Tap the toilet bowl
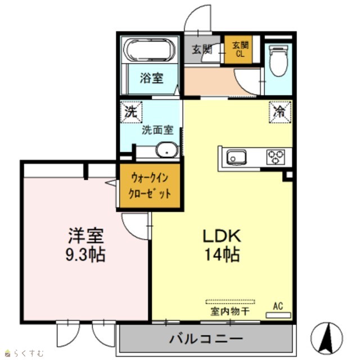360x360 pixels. pyautogui.click(x=278, y=61)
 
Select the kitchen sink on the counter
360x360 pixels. pyautogui.click(x=236, y=157)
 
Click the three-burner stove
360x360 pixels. pyautogui.click(x=276, y=157)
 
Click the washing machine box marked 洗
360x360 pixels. pyautogui.click(x=131, y=112)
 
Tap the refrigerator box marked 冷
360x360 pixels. pyautogui.click(x=280, y=112)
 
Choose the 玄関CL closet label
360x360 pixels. pyautogui.click(x=240, y=49)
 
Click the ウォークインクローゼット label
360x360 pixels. pyautogui.click(x=150, y=186)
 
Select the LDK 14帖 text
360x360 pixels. pyautogui.click(x=222, y=245)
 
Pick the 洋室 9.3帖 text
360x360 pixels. pyautogui.click(x=85, y=245)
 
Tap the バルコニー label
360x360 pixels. pyautogui.click(x=206, y=339)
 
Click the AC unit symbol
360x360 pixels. pyautogui.click(x=278, y=315)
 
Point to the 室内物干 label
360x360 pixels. pyautogui.click(x=230, y=312)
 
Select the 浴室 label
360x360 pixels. pyautogui.click(x=152, y=78)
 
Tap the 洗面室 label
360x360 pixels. pyautogui.click(x=157, y=130)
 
